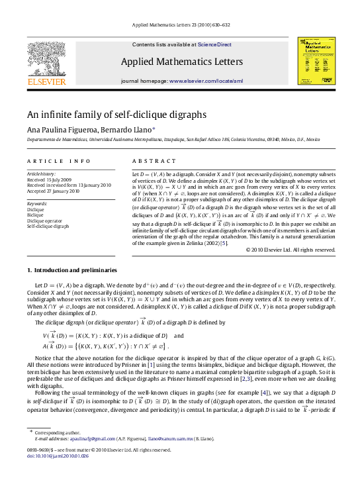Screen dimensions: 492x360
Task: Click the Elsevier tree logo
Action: point(46,58)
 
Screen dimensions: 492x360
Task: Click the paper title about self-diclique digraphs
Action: point(116,114)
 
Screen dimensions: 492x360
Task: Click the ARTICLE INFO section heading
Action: point(59,161)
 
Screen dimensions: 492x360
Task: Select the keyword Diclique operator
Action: point(43,220)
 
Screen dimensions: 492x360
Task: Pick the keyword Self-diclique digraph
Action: point(48,226)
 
